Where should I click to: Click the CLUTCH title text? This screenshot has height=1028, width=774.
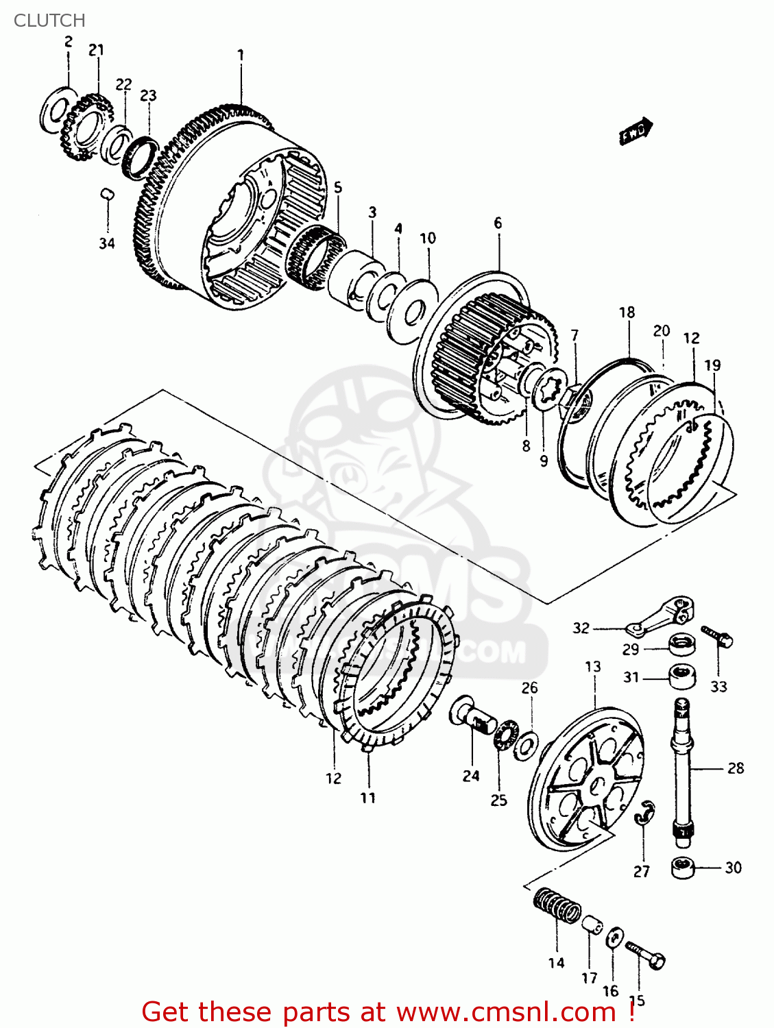pos(49,21)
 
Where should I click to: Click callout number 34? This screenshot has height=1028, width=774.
pos(106,243)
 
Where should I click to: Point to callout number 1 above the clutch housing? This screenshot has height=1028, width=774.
pos(241,54)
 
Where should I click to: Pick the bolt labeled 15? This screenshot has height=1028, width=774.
pos(646,954)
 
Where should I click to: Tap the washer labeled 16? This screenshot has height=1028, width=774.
pos(614,938)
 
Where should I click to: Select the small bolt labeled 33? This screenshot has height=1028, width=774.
pos(718,637)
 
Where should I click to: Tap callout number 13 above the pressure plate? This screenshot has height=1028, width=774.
pos(593,666)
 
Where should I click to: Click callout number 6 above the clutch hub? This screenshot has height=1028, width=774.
pos(498,223)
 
